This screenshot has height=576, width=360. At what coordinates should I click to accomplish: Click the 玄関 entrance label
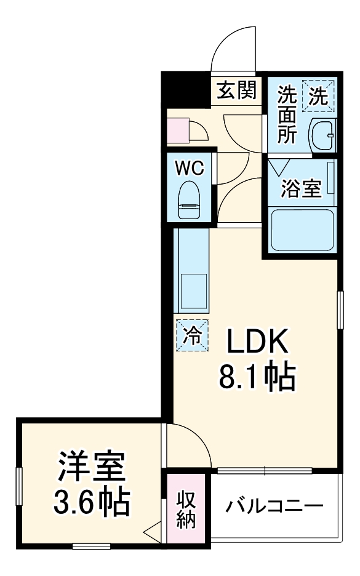(x=236, y=92)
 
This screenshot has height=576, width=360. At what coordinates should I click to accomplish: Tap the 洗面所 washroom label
(x=287, y=115)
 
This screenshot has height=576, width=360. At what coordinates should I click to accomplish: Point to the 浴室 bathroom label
(x=301, y=189)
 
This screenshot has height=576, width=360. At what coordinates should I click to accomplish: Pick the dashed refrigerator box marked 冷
(x=193, y=336)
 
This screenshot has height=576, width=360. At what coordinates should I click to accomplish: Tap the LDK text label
(x=257, y=343)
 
